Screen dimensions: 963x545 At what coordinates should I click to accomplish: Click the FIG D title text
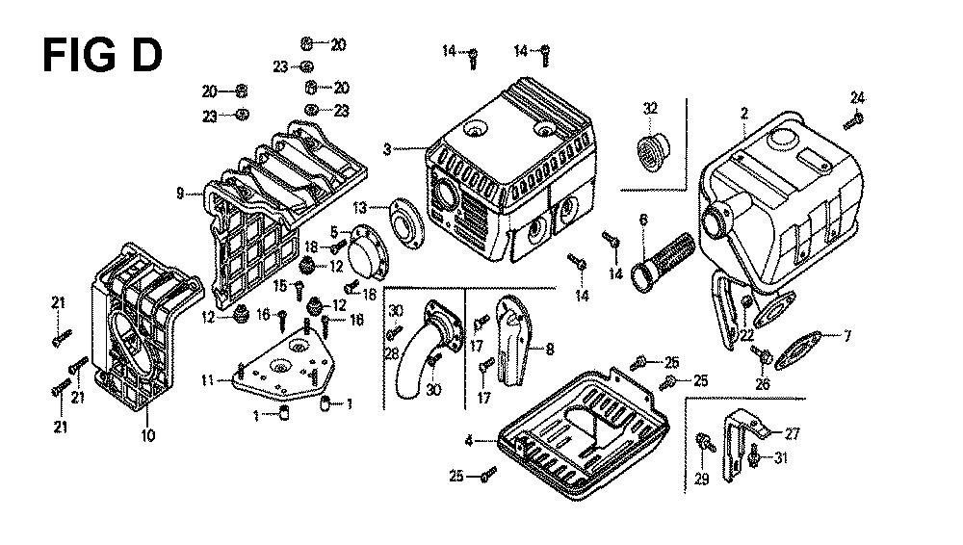click(x=103, y=55)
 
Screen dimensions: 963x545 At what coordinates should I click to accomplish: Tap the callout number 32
click(x=650, y=109)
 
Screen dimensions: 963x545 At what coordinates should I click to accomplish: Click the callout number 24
click(x=857, y=97)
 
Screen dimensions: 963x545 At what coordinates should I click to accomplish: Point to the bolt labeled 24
click(x=853, y=121)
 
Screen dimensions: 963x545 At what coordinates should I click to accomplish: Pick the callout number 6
click(x=643, y=220)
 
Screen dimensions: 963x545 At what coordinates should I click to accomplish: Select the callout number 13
click(x=359, y=207)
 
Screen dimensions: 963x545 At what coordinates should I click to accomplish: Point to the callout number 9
click(x=180, y=194)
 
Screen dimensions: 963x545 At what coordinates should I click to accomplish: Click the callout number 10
click(x=147, y=435)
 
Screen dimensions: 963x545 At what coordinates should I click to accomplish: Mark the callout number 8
click(x=550, y=349)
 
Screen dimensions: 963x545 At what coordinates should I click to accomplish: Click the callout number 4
click(x=469, y=441)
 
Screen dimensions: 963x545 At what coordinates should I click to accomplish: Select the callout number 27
click(x=793, y=434)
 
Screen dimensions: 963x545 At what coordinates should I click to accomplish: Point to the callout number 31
click(x=780, y=457)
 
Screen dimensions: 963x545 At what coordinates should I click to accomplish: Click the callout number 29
click(x=702, y=480)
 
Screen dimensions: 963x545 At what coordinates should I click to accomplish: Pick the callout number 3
click(x=387, y=149)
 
